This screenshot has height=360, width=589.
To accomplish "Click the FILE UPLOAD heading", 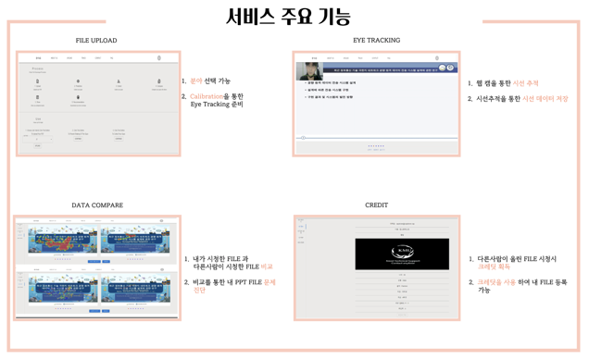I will coord(96,41).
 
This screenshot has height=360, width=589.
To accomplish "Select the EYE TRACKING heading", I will coord(376,41).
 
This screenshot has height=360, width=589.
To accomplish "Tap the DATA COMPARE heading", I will coord(97,205).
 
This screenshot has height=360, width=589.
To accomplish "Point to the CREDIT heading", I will coord(376,205).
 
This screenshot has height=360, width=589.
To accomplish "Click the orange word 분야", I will coord(196,81).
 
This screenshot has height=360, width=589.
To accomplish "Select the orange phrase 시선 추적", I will coord(525,83).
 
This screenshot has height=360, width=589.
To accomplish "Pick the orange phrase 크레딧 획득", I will coord(494,267).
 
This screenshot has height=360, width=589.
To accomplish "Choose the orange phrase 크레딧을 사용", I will coord(496,282).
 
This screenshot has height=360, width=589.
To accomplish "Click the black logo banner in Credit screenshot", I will coord(402,254).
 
